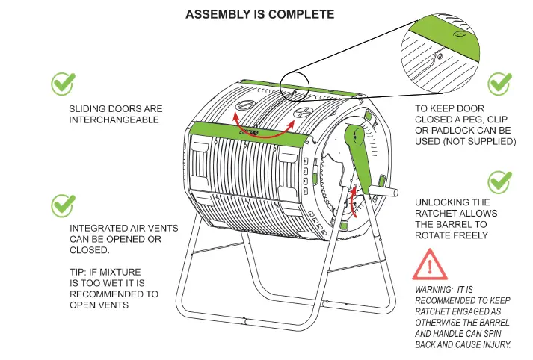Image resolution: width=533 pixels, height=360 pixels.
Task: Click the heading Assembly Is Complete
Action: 259,14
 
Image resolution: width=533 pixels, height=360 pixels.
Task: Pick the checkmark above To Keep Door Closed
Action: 499,84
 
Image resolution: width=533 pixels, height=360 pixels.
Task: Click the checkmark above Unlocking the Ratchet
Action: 499,181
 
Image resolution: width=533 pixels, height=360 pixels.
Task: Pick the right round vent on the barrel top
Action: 302,113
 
